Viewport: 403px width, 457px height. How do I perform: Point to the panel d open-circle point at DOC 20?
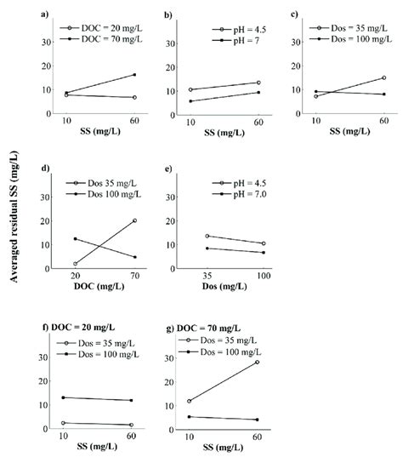(76, 264)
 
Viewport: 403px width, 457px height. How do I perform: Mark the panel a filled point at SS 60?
(134, 75)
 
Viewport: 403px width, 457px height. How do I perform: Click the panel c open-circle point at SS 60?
(383, 78)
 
